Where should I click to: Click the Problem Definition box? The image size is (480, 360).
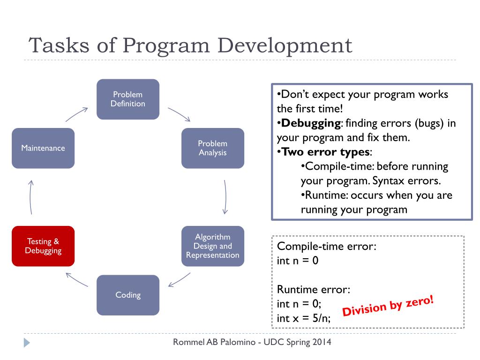[127, 99]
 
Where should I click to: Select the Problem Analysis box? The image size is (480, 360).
[212, 148]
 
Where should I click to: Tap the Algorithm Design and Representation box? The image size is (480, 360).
[212, 246]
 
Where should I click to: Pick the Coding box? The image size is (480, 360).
[127, 295]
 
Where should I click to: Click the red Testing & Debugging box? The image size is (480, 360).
[43, 246]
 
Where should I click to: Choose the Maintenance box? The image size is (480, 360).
[43, 148]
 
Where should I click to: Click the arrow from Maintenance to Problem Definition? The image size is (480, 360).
[77, 114]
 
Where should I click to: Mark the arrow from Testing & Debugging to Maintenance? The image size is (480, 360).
[30, 197]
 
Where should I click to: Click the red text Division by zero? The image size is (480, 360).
[388, 305]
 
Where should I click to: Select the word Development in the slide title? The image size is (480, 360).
[285, 46]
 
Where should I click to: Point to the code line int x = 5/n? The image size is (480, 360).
[304, 318]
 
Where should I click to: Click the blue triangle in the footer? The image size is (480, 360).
[27, 343]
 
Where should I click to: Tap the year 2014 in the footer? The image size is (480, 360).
[321, 342]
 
